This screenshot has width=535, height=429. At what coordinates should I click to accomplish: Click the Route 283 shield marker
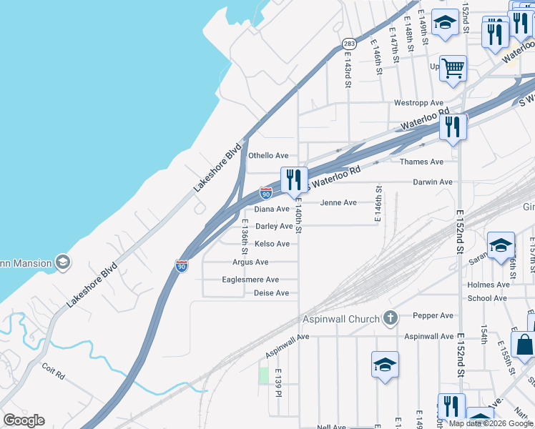point(348,44)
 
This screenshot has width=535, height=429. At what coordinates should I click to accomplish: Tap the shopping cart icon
point(453,69)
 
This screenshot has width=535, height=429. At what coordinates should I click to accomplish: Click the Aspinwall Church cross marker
point(390,317)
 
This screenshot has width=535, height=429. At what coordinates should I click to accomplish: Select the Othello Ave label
point(268,155)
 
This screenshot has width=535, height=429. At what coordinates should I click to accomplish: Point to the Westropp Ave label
point(419,102)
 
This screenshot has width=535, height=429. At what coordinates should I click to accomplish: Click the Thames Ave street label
point(422,162)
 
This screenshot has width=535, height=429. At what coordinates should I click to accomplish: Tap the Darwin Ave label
point(433,182)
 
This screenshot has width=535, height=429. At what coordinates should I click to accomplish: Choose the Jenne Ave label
point(338,203)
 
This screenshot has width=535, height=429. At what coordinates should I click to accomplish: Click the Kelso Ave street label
point(273,245)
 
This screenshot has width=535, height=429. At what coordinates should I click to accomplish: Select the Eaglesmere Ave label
point(251,280)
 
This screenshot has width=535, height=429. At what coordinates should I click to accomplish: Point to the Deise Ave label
point(272,293)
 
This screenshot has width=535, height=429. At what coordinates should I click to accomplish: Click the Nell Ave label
point(331,427)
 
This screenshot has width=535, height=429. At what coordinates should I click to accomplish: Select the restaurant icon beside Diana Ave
point(293,180)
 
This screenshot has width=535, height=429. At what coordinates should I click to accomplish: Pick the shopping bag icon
point(524,344)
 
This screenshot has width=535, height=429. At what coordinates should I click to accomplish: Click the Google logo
point(24,420)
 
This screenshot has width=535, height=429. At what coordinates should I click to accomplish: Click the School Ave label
point(489,298)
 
